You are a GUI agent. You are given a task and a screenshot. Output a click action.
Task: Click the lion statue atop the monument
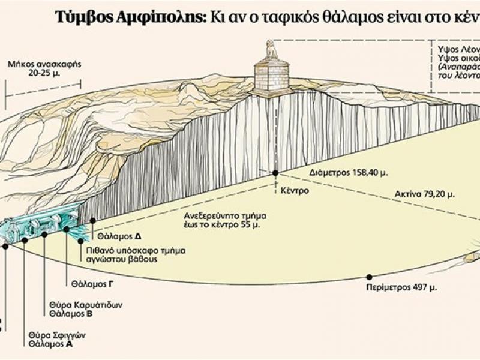272,50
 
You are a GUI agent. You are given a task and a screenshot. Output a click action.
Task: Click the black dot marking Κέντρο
275,173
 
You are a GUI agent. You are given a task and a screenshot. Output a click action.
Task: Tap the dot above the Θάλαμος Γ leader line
66,228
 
